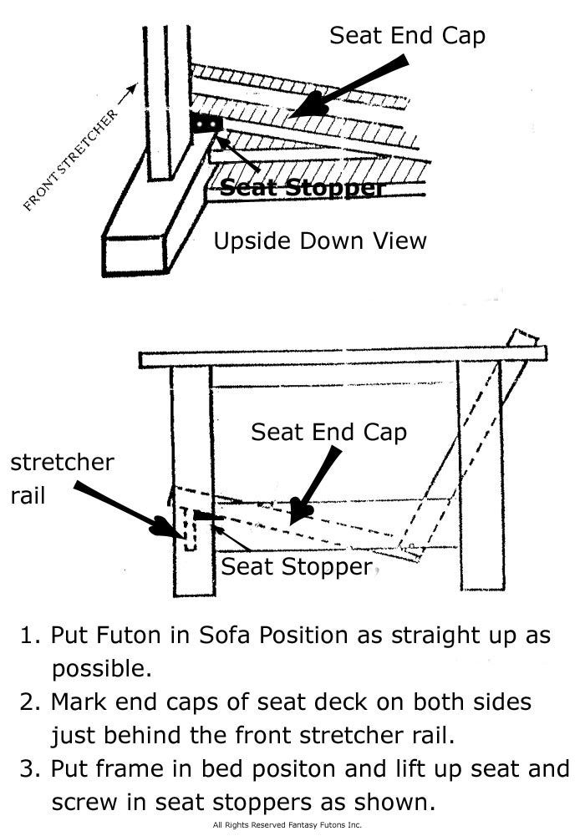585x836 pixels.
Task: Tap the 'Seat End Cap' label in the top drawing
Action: click(407, 35)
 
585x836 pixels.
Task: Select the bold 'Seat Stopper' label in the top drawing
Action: click(303, 188)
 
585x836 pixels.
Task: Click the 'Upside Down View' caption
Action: click(320, 241)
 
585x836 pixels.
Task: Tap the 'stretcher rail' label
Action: click(62, 478)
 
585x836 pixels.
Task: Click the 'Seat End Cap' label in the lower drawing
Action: click(328, 432)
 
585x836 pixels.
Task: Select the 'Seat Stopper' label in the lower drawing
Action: click(296, 567)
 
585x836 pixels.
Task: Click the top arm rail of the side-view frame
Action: click(343, 357)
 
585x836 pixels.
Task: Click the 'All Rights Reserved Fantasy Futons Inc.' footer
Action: click(287, 824)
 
